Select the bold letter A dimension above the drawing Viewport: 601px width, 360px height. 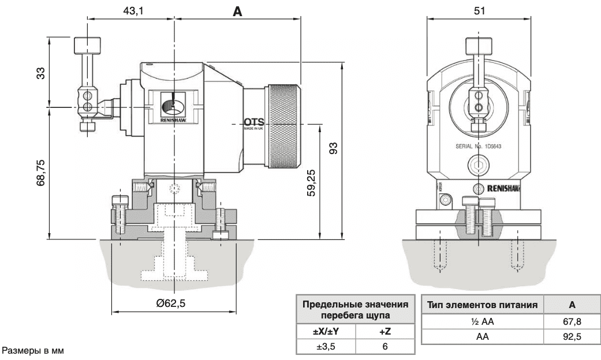[237, 10]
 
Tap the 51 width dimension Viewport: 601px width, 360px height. [479, 10]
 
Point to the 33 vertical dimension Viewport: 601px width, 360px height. [40, 73]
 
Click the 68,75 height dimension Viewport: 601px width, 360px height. [40, 173]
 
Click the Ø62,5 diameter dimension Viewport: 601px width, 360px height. [174, 303]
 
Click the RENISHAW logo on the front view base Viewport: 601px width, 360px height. [504, 189]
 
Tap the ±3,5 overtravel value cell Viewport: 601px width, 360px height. [326, 346]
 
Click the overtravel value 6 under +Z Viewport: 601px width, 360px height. [385, 346]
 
